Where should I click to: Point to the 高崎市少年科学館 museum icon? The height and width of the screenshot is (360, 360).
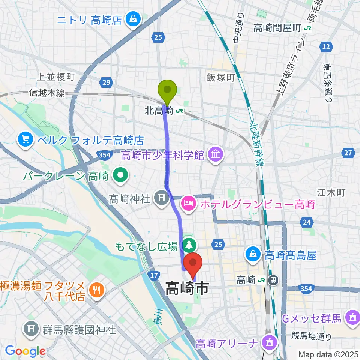(x=215, y=154)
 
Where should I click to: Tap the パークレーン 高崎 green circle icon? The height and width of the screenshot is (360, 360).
(x=120, y=175)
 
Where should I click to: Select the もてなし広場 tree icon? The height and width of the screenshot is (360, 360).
(x=189, y=246)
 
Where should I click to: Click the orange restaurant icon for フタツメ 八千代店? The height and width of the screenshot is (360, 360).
(x=97, y=289)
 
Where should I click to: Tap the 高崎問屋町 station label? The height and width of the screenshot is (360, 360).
(x=277, y=28)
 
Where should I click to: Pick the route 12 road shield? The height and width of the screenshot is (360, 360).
(x=326, y=47)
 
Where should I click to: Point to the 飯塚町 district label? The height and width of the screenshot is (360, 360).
(x=220, y=77)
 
